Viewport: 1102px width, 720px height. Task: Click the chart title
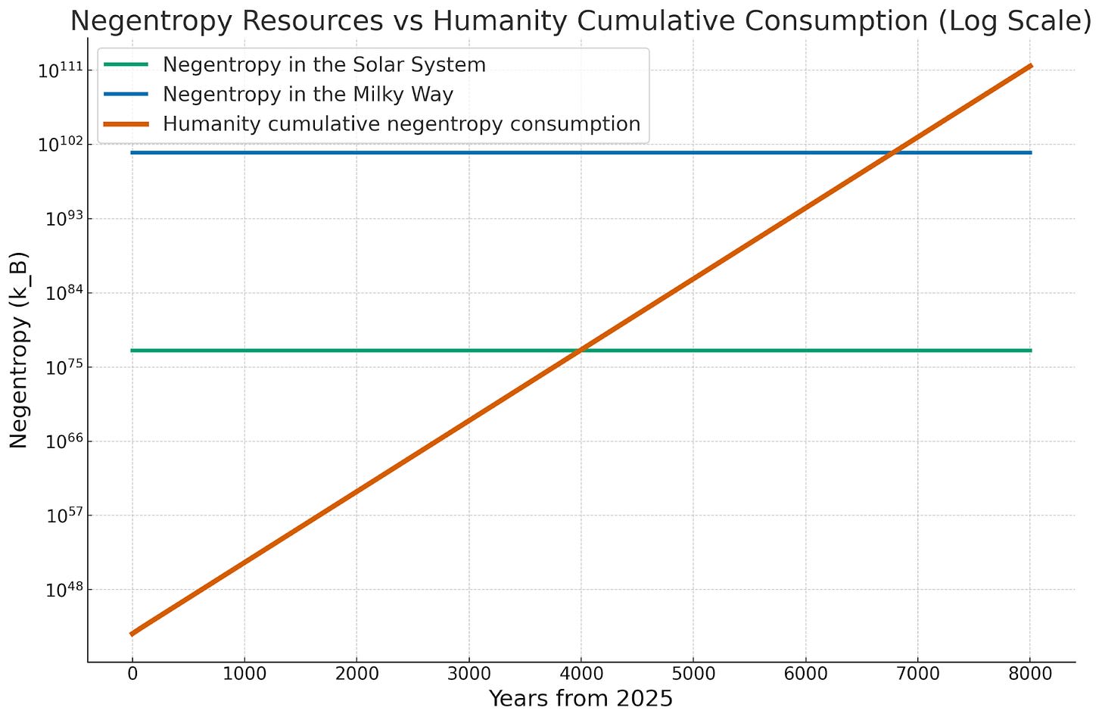click(581, 21)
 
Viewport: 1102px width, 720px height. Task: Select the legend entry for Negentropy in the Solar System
click(324, 65)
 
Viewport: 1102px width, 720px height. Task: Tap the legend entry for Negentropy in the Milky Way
click(307, 95)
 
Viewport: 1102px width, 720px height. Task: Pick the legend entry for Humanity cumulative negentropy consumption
click(401, 124)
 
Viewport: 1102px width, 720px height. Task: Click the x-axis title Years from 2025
click(581, 698)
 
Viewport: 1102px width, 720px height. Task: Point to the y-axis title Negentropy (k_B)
click(20, 350)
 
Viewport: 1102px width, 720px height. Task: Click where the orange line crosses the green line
click(581, 351)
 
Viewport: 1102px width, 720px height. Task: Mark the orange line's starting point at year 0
click(132, 634)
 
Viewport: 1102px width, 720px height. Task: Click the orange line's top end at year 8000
click(1030, 67)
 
